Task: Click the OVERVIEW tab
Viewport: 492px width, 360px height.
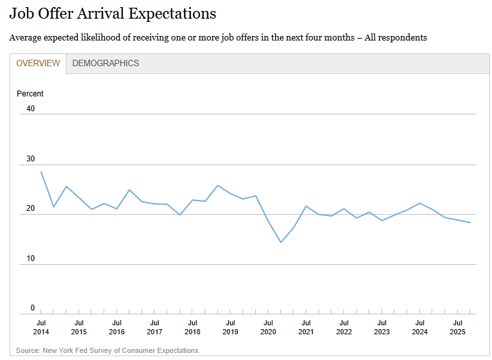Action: coord(38,64)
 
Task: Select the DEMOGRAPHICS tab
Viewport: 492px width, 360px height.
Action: coord(105,64)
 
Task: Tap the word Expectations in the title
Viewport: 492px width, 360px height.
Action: coord(172,14)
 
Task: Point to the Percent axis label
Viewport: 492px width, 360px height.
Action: coord(30,94)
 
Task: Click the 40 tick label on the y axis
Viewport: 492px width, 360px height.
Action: coord(30,109)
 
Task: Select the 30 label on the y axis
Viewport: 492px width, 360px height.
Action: coord(30,159)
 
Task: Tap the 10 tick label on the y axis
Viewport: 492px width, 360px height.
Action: coord(30,258)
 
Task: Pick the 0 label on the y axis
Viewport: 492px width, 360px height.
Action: coord(33,308)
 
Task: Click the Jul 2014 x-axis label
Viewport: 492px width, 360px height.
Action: coord(41,327)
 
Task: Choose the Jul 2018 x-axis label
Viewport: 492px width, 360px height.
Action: coord(192,327)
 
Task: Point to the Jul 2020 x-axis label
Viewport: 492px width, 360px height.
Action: coord(268,327)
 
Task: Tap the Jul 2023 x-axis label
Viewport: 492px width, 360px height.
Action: coord(382,327)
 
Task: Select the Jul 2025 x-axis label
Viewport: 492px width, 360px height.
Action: coord(458,327)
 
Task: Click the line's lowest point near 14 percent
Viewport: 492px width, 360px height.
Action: coord(281,242)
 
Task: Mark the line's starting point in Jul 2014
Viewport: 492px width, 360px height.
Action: coord(41,172)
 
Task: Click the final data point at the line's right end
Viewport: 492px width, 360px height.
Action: coord(470,222)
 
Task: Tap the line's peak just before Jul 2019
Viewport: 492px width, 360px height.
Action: coord(218,185)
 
